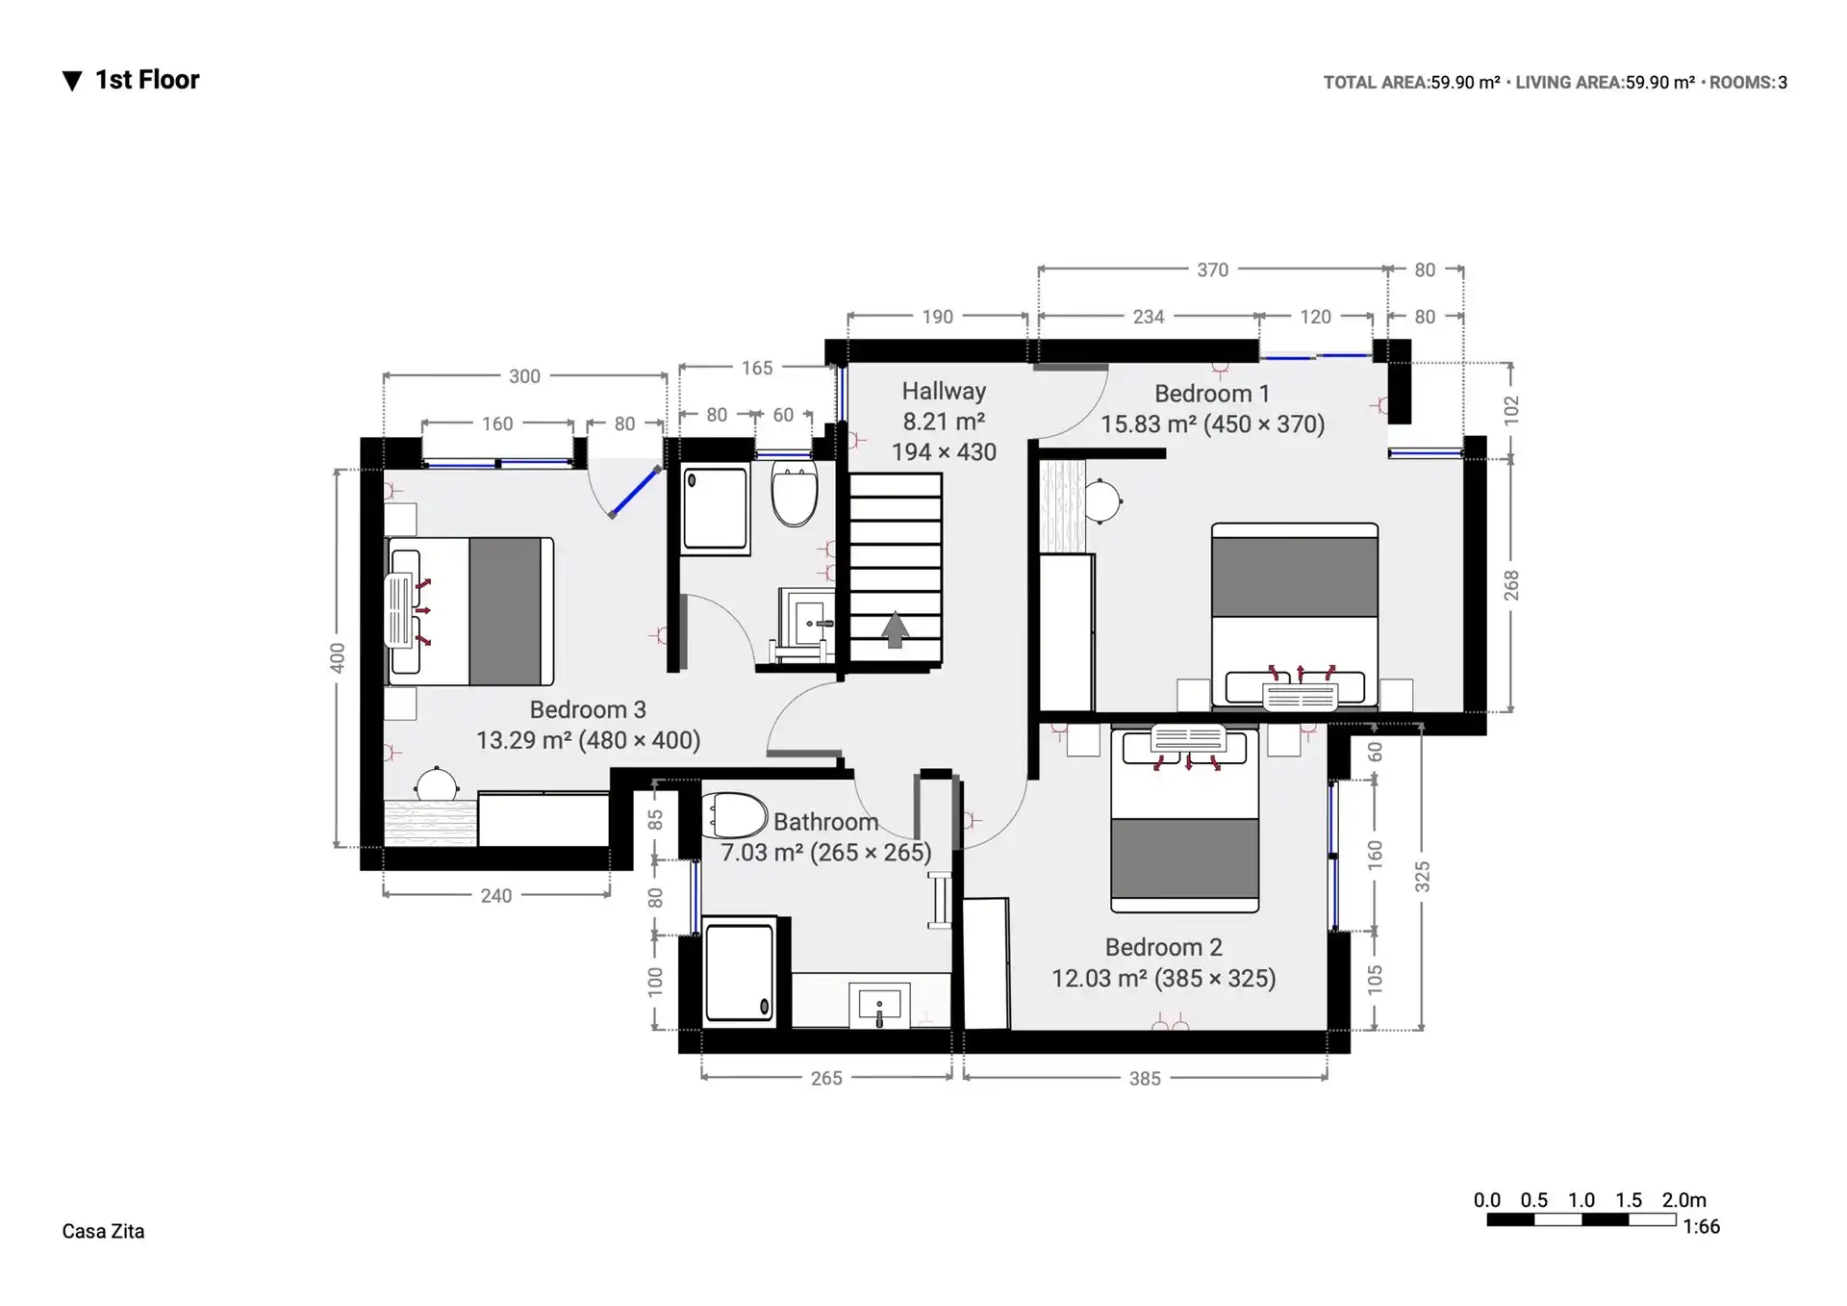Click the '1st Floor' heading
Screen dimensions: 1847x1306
(x=146, y=80)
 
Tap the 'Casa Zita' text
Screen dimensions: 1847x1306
(x=103, y=1231)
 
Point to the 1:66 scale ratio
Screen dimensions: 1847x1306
(x=1701, y=1226)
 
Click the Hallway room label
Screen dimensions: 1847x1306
(x=944, y=391)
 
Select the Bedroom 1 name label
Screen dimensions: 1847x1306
(x=1212, y=394)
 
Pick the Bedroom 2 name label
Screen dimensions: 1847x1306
(x=1164, y=947)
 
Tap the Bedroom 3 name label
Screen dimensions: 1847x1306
(x=588, y=709)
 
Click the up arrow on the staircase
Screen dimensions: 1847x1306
(x=896, y=629)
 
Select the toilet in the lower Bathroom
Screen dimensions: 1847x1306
(x=733, y=815)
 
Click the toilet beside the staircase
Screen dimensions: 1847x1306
(x=795, y=493)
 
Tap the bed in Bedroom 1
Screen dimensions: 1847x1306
(x=1295, y=616)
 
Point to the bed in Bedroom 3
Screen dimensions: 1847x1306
(x=469, y=611)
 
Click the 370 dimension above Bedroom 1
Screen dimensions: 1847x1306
(x=1212, y=269)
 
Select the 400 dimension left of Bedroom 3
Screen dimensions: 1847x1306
(x=337, y=658)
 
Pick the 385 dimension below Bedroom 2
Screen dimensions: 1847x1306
(x=1145, y=1079)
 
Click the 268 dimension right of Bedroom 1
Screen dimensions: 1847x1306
(x=1511, y=585)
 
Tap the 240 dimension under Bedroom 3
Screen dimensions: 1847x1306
(x=496, y=896)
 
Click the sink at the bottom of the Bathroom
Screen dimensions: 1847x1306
(x=879, y=1006)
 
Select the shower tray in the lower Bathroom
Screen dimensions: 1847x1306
(x=739, y=972)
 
